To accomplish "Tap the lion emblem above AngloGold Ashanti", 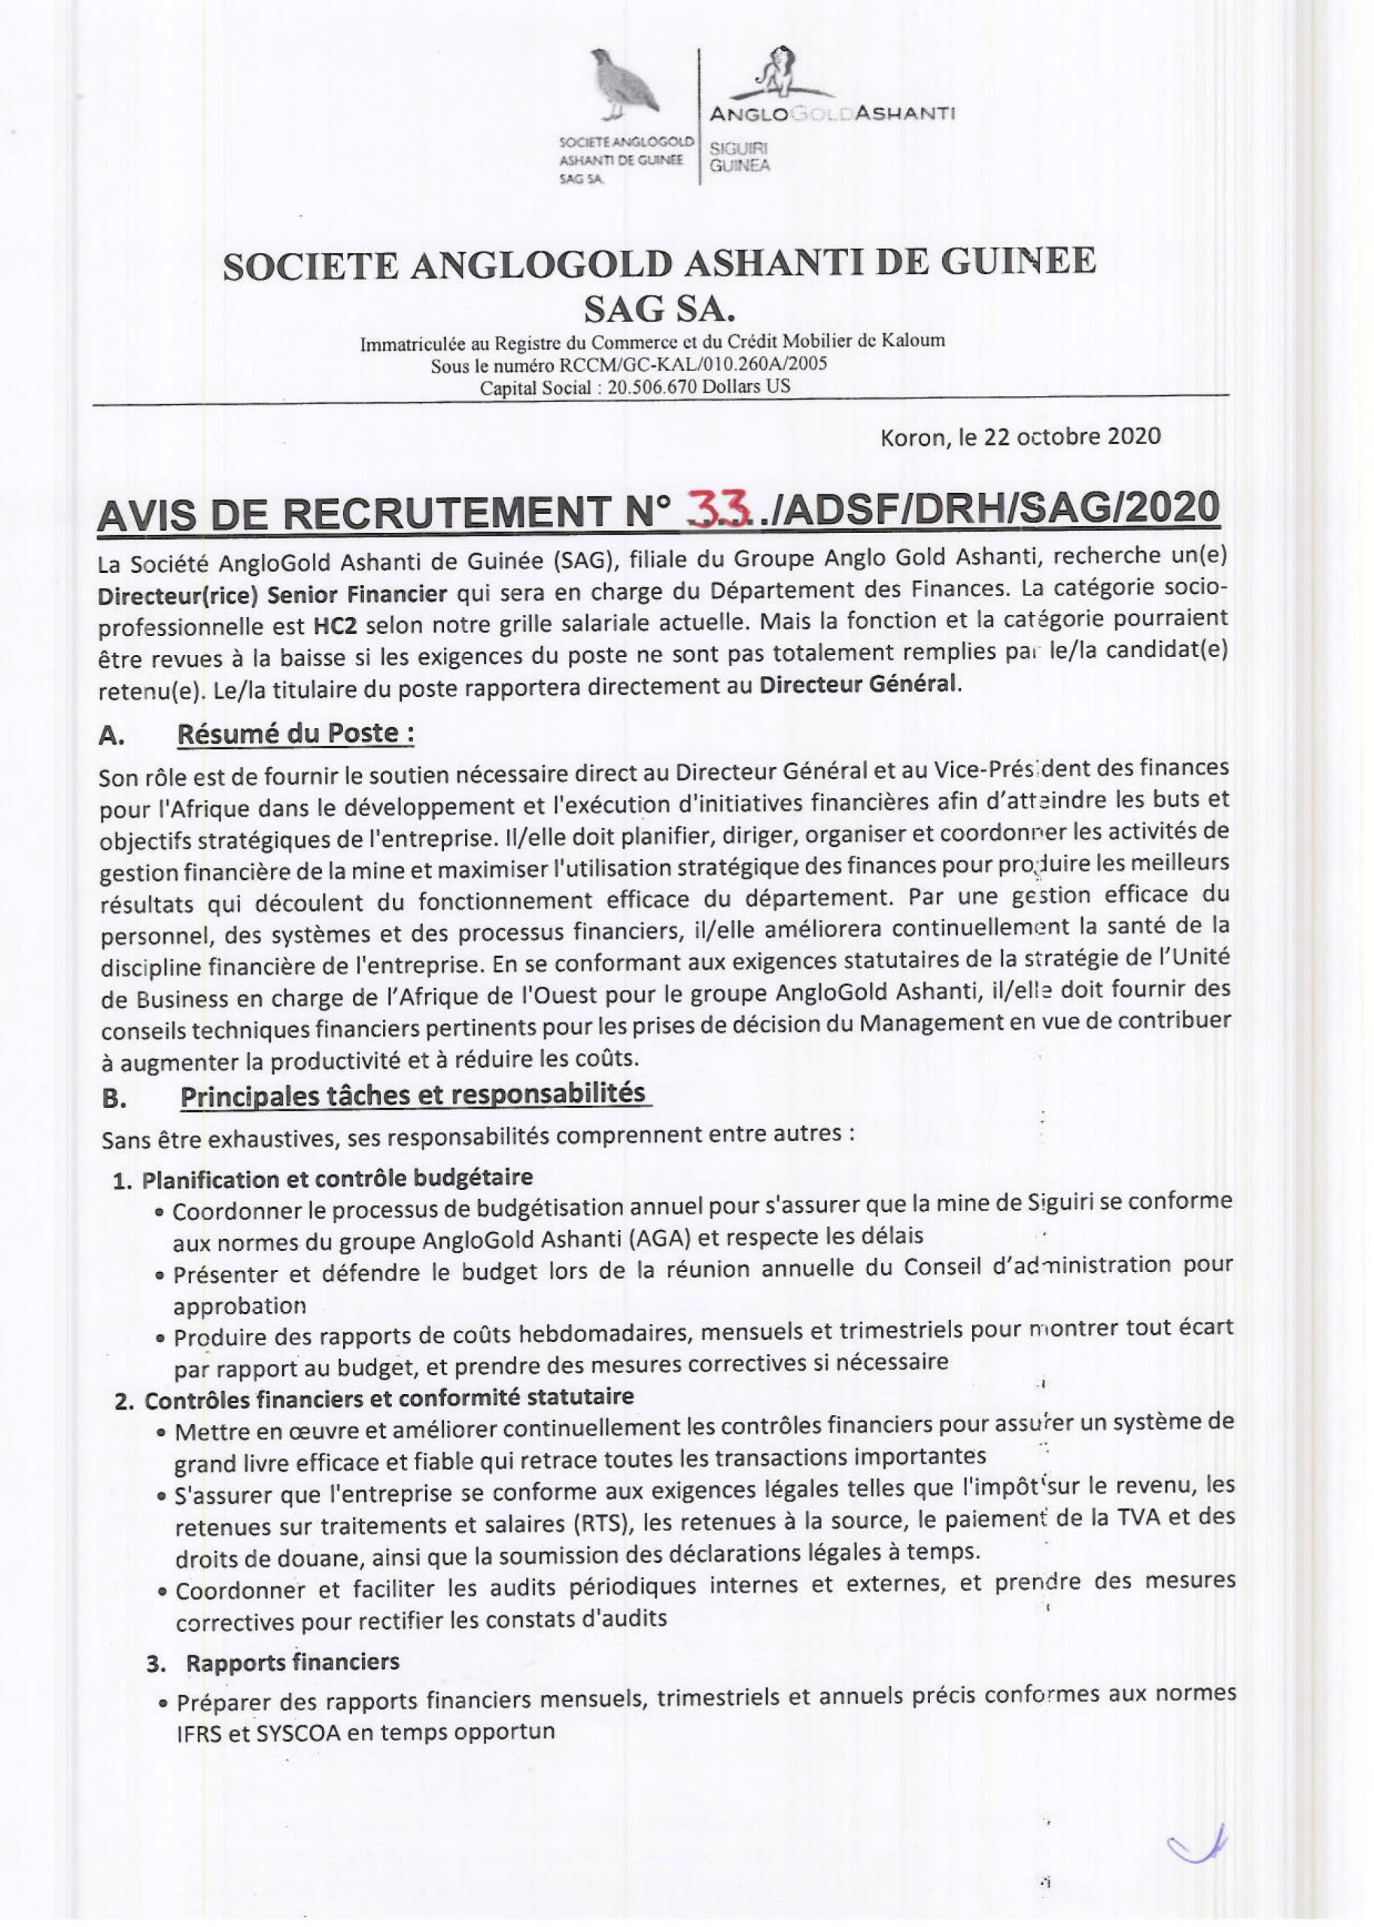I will (x=777, y=73).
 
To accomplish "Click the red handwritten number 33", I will (x=720, y=508).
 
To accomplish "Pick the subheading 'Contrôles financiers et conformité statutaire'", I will (x=388, y=1397).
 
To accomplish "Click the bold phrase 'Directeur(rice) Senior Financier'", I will (x=272, y=593).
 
